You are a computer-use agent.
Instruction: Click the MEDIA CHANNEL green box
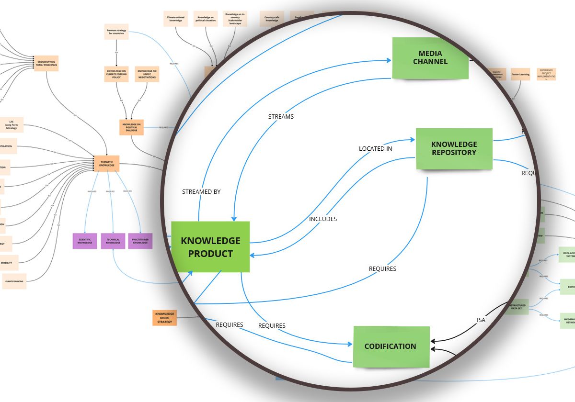pyautogui.click(x=430, y=57)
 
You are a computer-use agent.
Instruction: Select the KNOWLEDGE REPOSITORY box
pyautogui.click(x=454, y=148)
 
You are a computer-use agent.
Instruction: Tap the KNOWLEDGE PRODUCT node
pyautogui.click(x=210, y=247)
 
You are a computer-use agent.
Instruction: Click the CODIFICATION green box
pyautogui.click(x=391, y=346)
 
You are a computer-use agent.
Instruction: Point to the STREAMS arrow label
pyautogui.click(x=281, y=116)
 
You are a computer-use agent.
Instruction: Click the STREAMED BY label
pyautogui.click(x=201, y=191)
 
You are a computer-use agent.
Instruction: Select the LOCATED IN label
pyautogui.click(x=375, y=149)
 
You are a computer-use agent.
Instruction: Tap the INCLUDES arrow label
pyautogui.click(x=322, y=219)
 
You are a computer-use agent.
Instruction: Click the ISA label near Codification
pyautogui.click(x=481, y=320)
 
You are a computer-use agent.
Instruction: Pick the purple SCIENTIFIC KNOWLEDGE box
pyautogui.click(x=85, y=241)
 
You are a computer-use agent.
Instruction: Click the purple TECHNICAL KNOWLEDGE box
pyautogui.click(x=113, y=241)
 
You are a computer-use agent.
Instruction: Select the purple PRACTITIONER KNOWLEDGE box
pyautogui.click(x=140, y=241)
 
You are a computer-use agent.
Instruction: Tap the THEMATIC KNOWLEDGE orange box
pyautogui.click(x=106, y=164)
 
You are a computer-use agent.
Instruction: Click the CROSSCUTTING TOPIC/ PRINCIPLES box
pyautogui.click(x=46, y=63)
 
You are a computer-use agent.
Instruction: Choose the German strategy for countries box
pyautogui.click(x=116, y=32)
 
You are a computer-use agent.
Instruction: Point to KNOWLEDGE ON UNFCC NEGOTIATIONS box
pyautogui.click(x=147, y=74)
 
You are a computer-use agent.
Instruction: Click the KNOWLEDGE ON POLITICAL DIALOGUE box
pyautogui.click(x=131, y=127)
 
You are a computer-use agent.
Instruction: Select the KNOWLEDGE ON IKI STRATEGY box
pyautogui.click(x=164, y=318)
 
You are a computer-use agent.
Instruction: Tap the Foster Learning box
pyautogui.click(x=520, y=74)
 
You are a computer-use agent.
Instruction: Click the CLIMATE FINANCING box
pyautogui.click(x=14, y=281)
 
